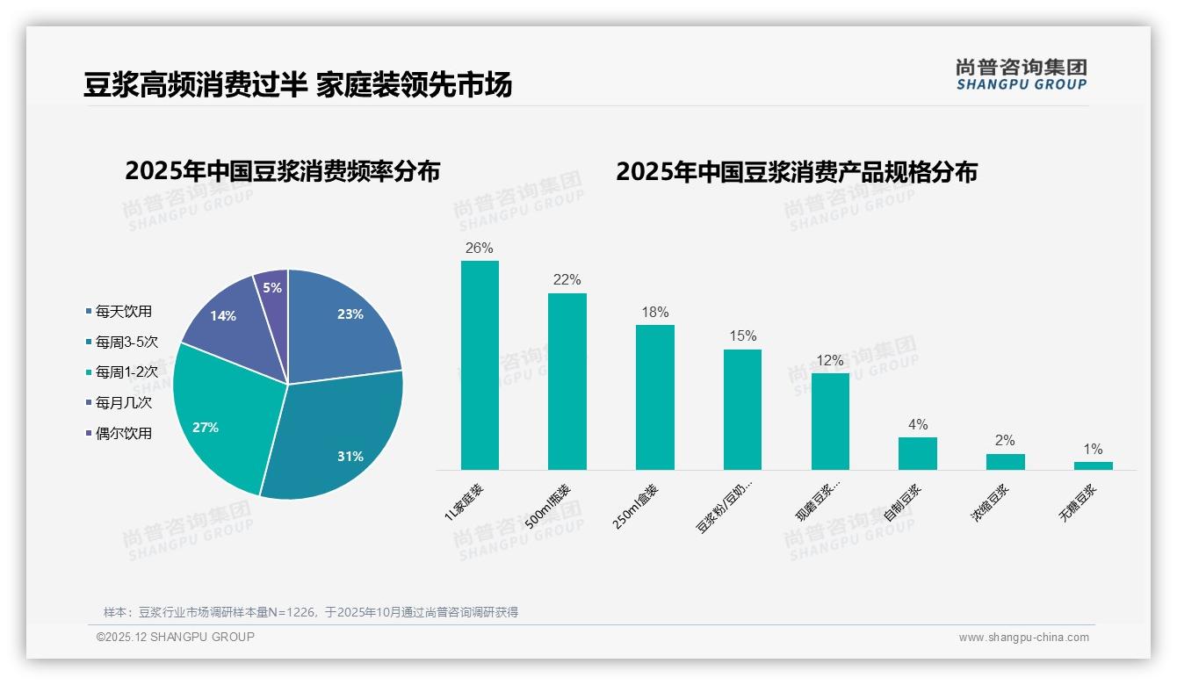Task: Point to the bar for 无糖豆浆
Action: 1093,465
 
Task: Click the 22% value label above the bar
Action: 567,280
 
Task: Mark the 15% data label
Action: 742,336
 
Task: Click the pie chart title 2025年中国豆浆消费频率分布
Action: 282,171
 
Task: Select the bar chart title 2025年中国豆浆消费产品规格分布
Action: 796,171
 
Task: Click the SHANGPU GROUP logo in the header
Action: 1021,75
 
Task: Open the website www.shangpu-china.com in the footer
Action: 1023,638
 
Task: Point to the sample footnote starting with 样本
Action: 311,612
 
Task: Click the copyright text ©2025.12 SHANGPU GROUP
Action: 176,638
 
